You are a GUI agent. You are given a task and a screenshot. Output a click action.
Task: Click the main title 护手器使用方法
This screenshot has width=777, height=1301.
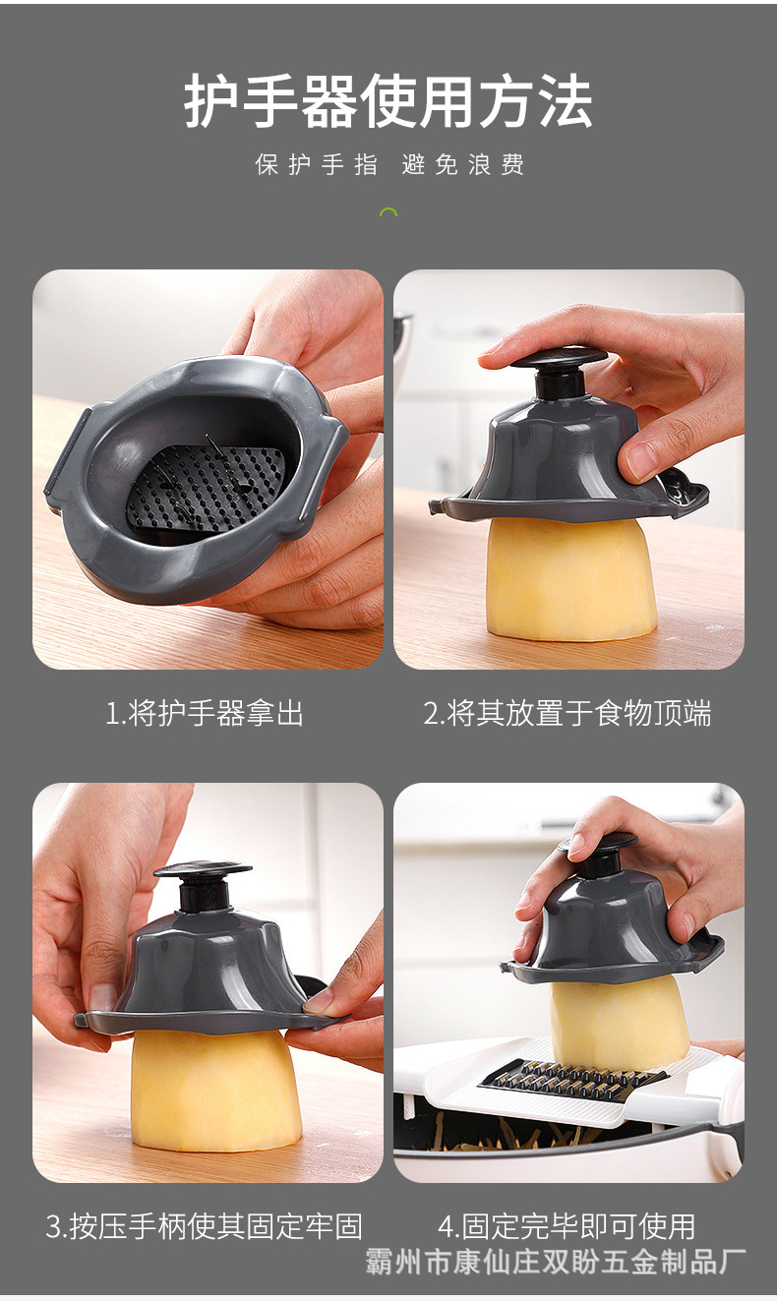388,101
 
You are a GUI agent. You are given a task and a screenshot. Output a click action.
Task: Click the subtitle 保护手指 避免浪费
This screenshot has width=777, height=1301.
389,165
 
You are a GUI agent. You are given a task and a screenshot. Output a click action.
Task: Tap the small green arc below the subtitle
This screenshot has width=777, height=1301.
388,211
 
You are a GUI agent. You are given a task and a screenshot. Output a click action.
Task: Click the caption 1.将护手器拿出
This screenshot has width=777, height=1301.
205,713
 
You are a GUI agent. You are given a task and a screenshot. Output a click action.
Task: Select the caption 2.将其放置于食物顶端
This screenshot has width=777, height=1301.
568,713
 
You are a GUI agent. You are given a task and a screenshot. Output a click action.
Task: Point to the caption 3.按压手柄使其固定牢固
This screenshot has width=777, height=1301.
205,1226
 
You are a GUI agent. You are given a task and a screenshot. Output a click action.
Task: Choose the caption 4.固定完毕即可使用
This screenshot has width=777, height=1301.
567,1226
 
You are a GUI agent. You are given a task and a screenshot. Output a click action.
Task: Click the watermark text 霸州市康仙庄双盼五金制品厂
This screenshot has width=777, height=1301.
556,1262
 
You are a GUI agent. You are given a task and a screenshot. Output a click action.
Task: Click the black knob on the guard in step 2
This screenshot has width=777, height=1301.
559,364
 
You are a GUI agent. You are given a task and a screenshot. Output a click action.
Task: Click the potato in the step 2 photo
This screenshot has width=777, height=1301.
570,580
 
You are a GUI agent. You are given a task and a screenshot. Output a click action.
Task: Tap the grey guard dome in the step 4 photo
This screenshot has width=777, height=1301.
610,924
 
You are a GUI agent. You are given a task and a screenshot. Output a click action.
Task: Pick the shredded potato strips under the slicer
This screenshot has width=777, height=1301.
502,1138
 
